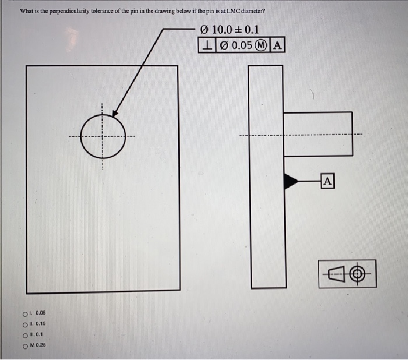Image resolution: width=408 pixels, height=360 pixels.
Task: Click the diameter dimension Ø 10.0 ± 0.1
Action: (230, 30)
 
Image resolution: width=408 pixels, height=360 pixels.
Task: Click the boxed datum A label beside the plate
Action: (328, 181)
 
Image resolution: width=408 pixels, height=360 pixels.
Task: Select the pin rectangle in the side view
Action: (318, 133)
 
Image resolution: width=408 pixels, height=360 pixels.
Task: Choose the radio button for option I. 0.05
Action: (24, 313)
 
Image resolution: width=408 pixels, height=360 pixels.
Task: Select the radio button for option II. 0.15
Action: (24, 324)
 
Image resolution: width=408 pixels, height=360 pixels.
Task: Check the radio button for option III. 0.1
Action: (24, 335)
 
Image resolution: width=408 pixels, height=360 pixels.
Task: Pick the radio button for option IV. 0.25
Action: (24, 345)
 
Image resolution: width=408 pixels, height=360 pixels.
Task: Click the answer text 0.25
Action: (41, 345)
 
